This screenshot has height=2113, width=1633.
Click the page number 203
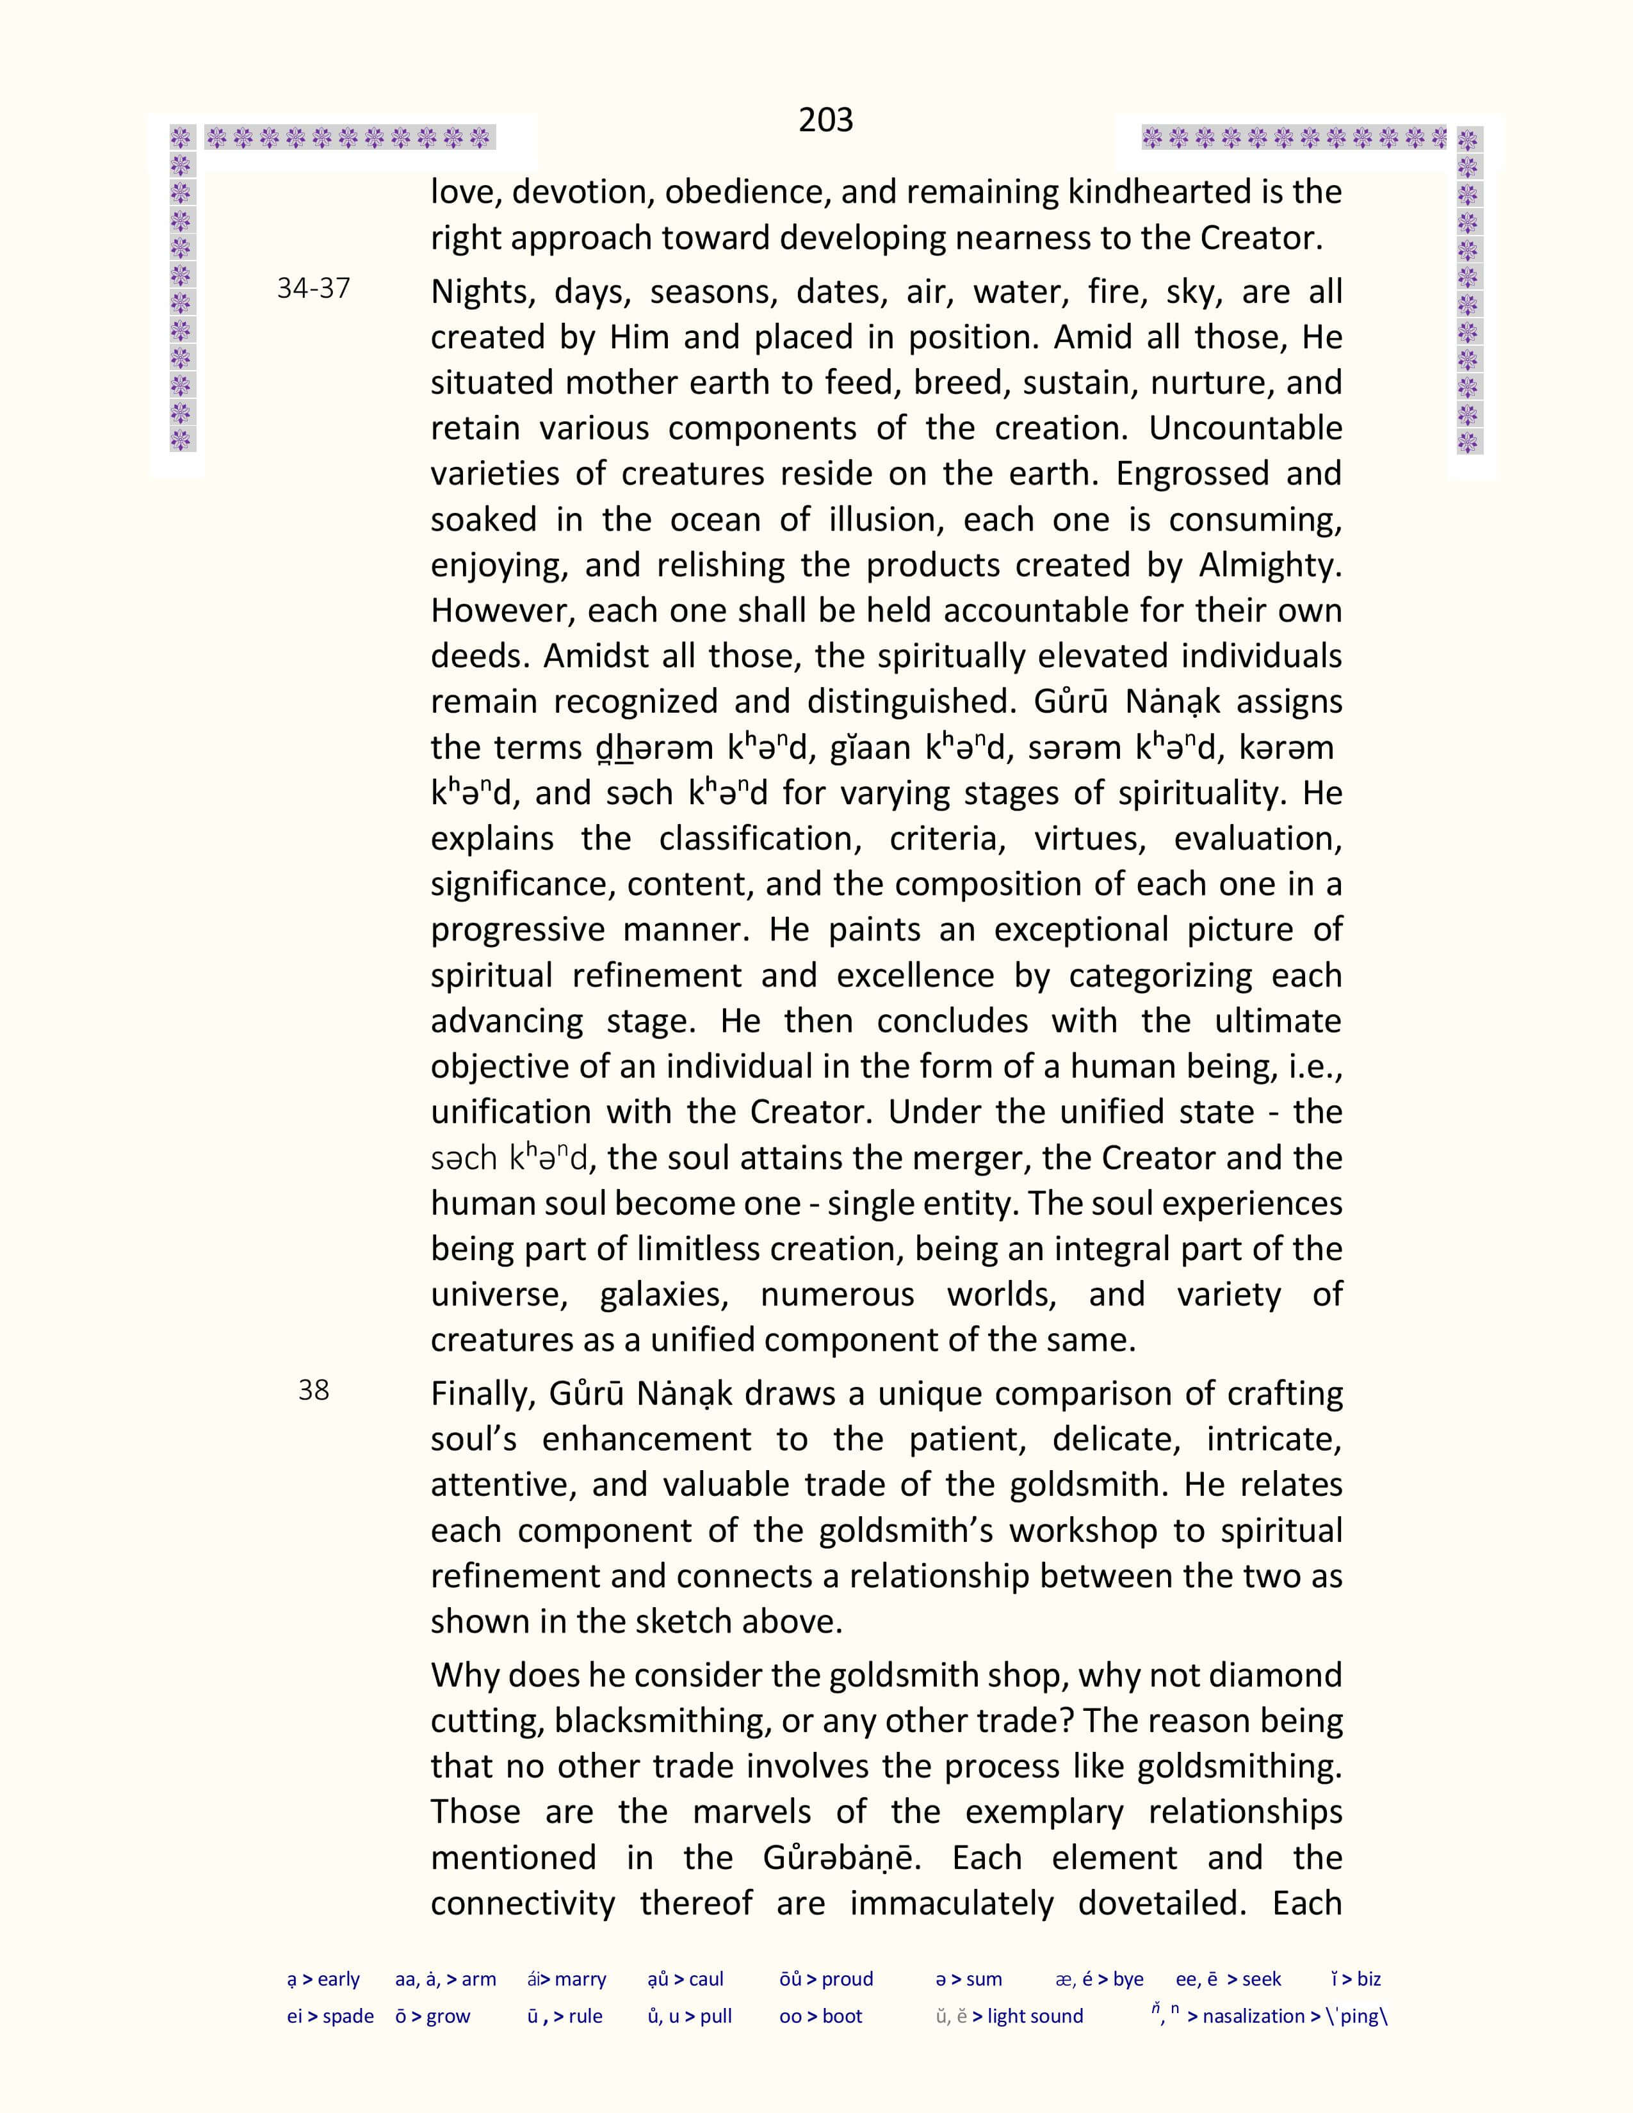(825, 120)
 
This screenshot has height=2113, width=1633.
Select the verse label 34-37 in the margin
(313, 288)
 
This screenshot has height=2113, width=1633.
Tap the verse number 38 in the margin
(313, 1390)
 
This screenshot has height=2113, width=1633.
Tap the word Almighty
(1269, 565)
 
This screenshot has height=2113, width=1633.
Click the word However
(501, 610)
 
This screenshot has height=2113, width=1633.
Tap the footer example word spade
(348, 2016)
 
